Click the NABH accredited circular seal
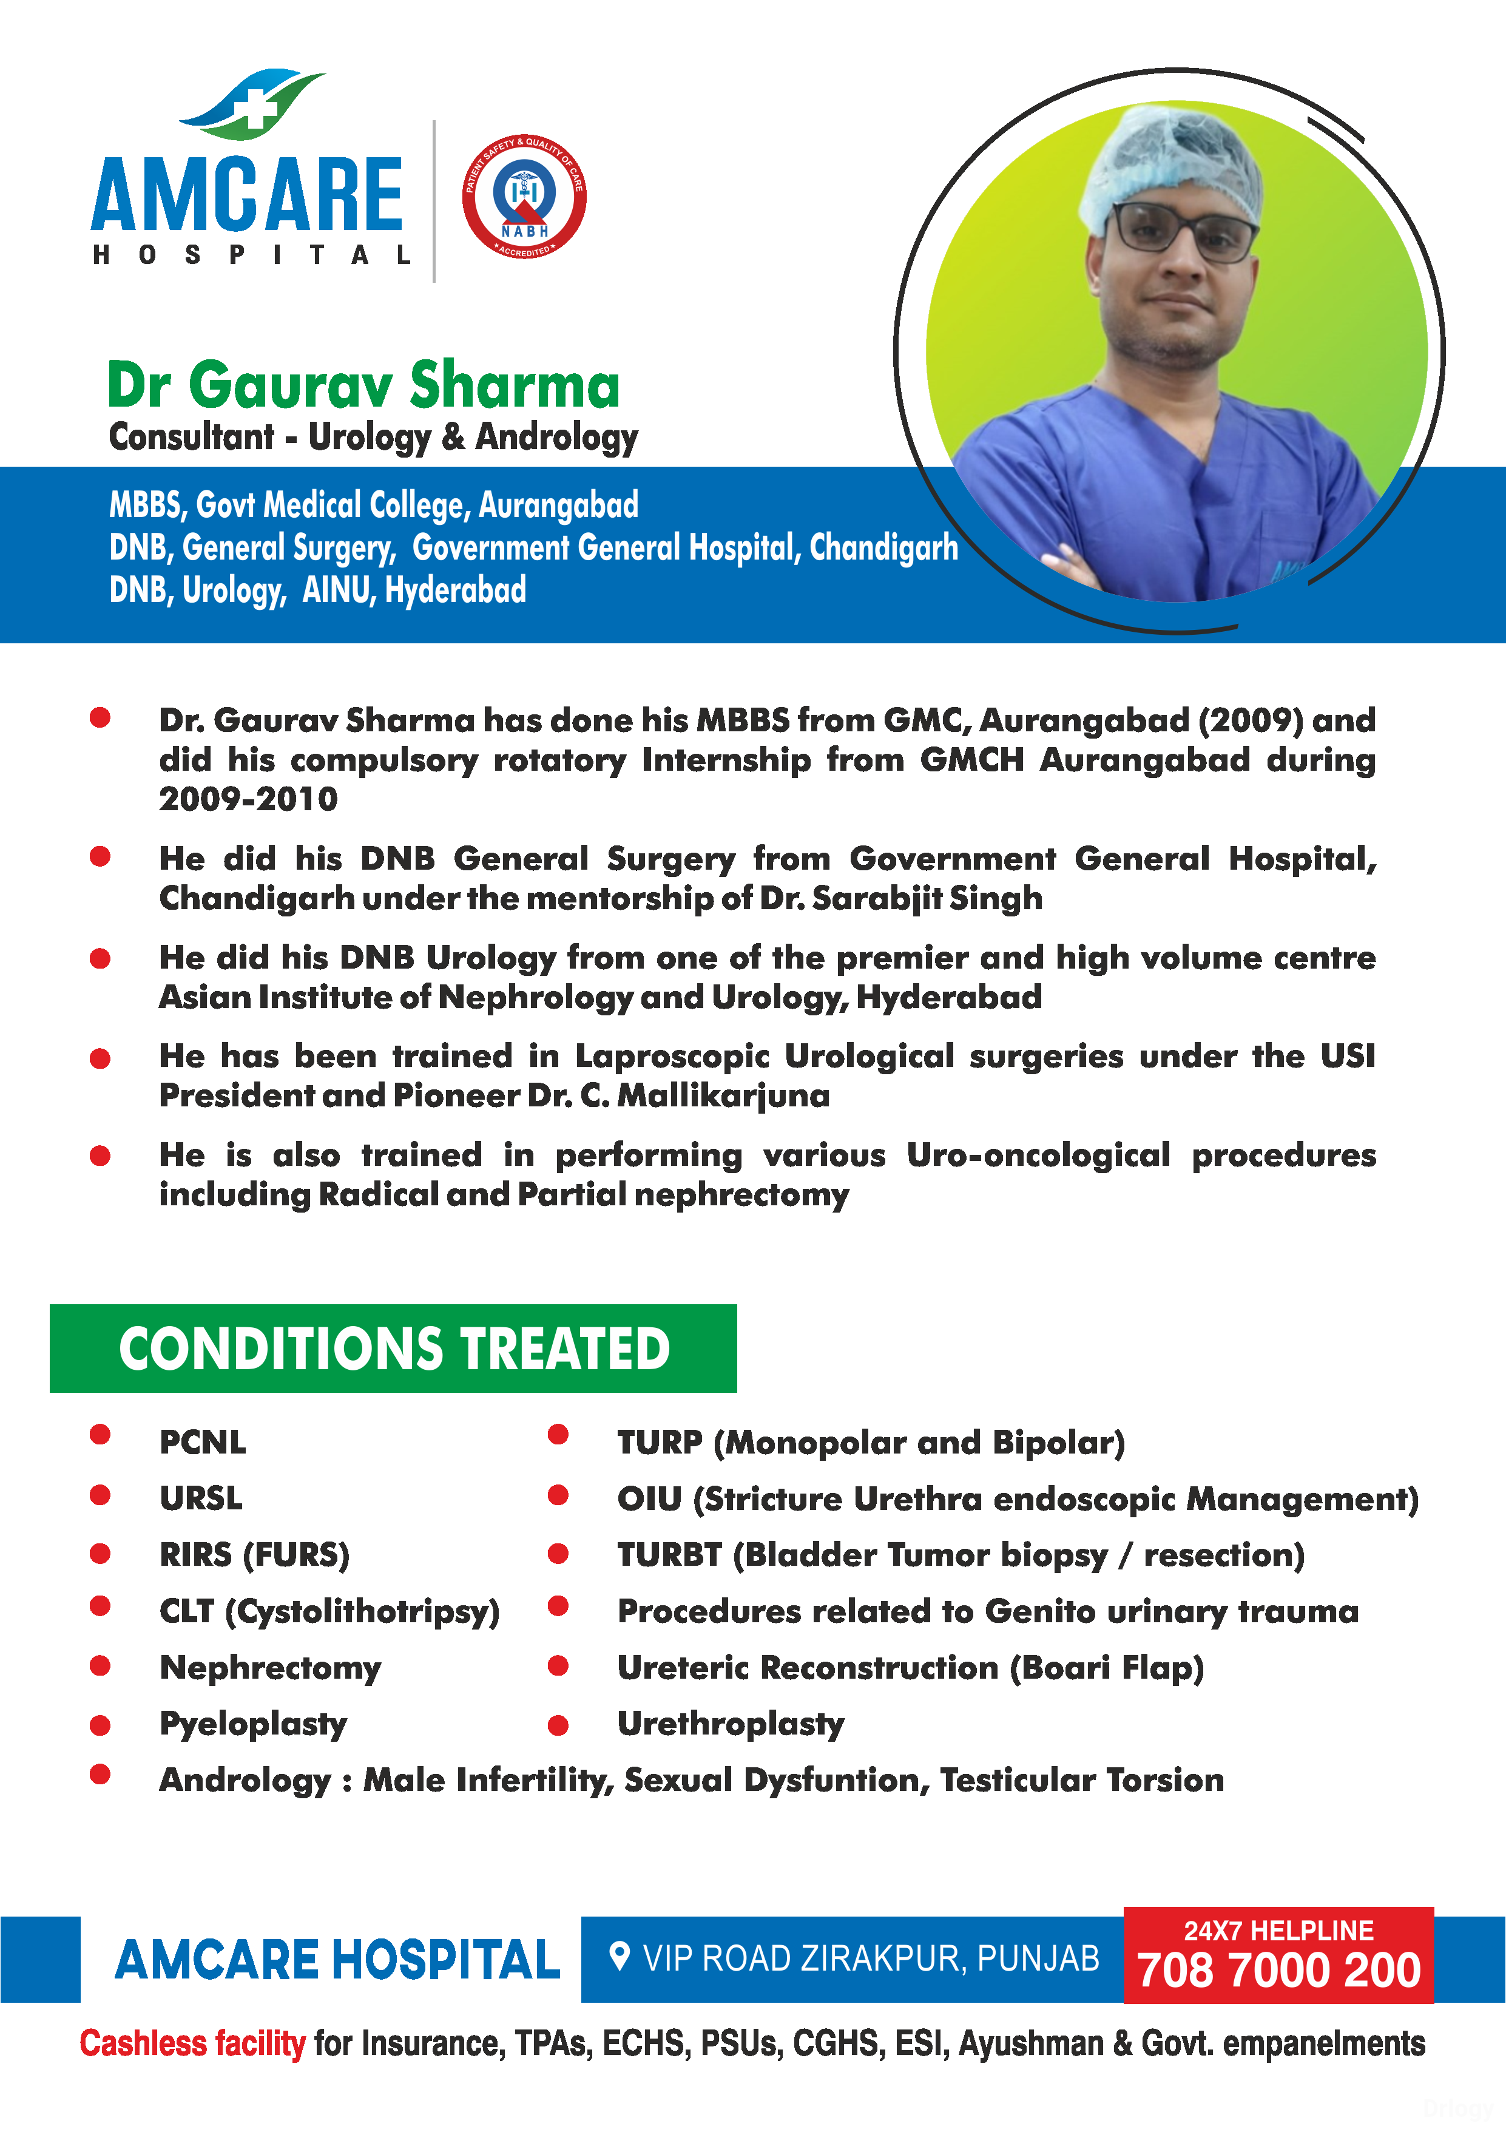[524, 197]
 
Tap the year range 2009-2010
[249, 799]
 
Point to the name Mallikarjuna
[723, 1096]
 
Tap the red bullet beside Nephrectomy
[100, 1667]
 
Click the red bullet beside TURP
[558, 1435]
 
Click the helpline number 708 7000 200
[1279, 1971]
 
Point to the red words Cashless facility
[192, 2043]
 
